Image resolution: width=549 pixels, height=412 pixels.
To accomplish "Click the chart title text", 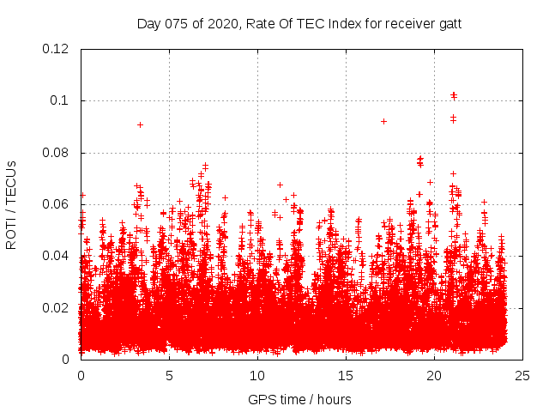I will point(299,23).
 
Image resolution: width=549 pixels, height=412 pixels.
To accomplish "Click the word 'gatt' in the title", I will point(449,23).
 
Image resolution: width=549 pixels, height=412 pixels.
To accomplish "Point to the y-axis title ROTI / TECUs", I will point(11,204).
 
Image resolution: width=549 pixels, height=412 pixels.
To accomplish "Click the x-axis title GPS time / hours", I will point(299,399).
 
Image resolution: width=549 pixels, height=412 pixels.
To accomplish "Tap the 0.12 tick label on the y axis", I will point(57,49).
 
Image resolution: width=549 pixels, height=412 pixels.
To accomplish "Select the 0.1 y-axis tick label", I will point(60,100).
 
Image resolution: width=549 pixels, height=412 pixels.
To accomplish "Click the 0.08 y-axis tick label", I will point(57,153).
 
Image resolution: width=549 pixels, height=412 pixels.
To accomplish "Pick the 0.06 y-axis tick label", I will point(57,204).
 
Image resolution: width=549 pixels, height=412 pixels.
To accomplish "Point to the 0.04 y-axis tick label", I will point(57,256).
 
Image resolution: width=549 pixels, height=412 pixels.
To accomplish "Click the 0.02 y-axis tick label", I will point(57,307).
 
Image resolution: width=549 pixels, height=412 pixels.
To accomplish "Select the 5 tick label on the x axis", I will point(169,375).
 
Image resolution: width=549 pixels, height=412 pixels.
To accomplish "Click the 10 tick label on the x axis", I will point(257,375).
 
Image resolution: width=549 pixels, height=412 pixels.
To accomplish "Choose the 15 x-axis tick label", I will point(346,375).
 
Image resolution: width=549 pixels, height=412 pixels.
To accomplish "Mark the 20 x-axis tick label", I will point(434,375).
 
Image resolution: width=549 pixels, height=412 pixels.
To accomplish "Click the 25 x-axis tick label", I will point(522,375).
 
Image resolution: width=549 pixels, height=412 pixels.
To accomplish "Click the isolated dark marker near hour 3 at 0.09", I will point(140,124).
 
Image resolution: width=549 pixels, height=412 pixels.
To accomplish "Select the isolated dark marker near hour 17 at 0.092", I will point(383,121).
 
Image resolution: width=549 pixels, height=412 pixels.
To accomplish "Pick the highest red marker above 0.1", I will point(454,94).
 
